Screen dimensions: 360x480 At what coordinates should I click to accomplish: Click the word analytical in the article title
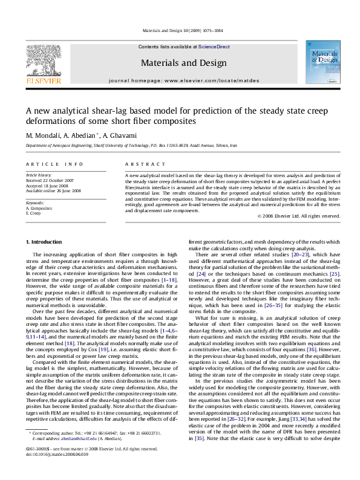coord(81,111)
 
